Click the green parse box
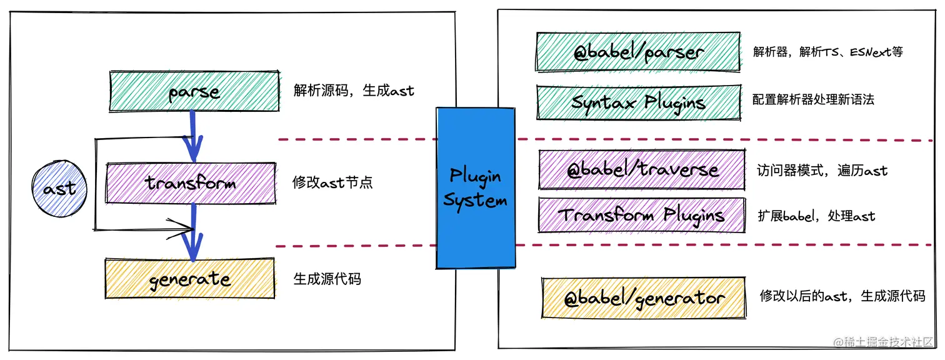pos(194,91)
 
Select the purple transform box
pos(191,182)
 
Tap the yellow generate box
pos(189,278)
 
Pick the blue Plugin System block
pos(476,187)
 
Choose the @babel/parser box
pos(638,52)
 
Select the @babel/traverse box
pos(642,169)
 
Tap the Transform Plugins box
pos(642,215)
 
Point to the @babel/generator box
pos(644,298)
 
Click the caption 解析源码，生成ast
pos(354,91)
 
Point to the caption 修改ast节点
pos(332,183)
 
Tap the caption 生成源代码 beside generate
pos(327,279)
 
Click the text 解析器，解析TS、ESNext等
pos(827,52)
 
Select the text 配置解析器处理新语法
pos(813,99)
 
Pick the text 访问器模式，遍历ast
pos(822,170)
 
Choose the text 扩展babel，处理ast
pos(817,216)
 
